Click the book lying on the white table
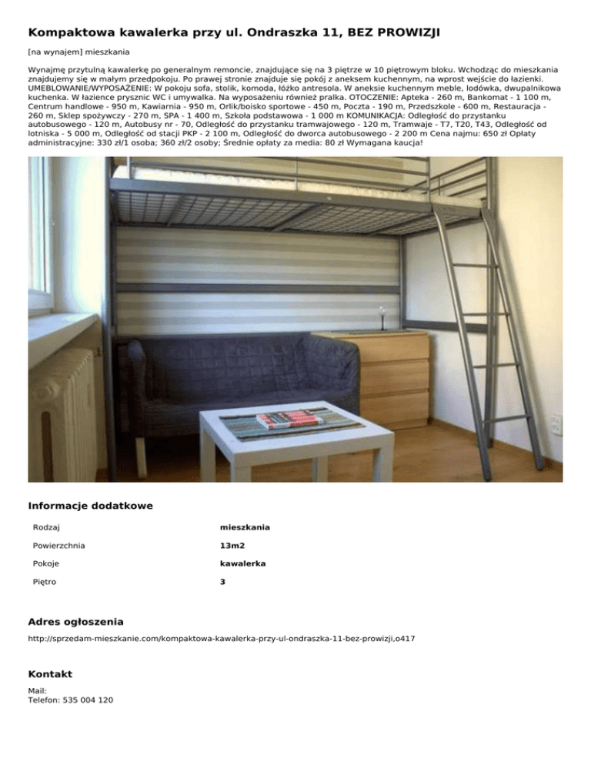(290, 420)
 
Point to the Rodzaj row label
(47, 527)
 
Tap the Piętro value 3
(222, 583)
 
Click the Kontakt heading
(50, 674)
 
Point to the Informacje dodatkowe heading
(90, 506)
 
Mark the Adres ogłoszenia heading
(75, 621)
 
